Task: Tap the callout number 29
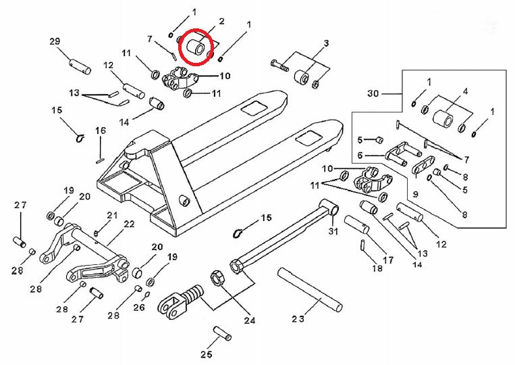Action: [55, 42]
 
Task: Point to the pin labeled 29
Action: [80, 67]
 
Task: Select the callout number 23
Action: [298, 318]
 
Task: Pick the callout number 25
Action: [206, 354]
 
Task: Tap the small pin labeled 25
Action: [222, 333]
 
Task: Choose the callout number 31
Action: [331, 233]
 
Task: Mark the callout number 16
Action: [100, 130]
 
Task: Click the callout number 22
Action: [128, 224]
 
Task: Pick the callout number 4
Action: [465, 91]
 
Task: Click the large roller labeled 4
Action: [443, 121]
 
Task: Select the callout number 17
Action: [388, 259]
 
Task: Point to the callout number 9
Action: [416, 194]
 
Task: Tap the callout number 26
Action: [138, 308]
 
